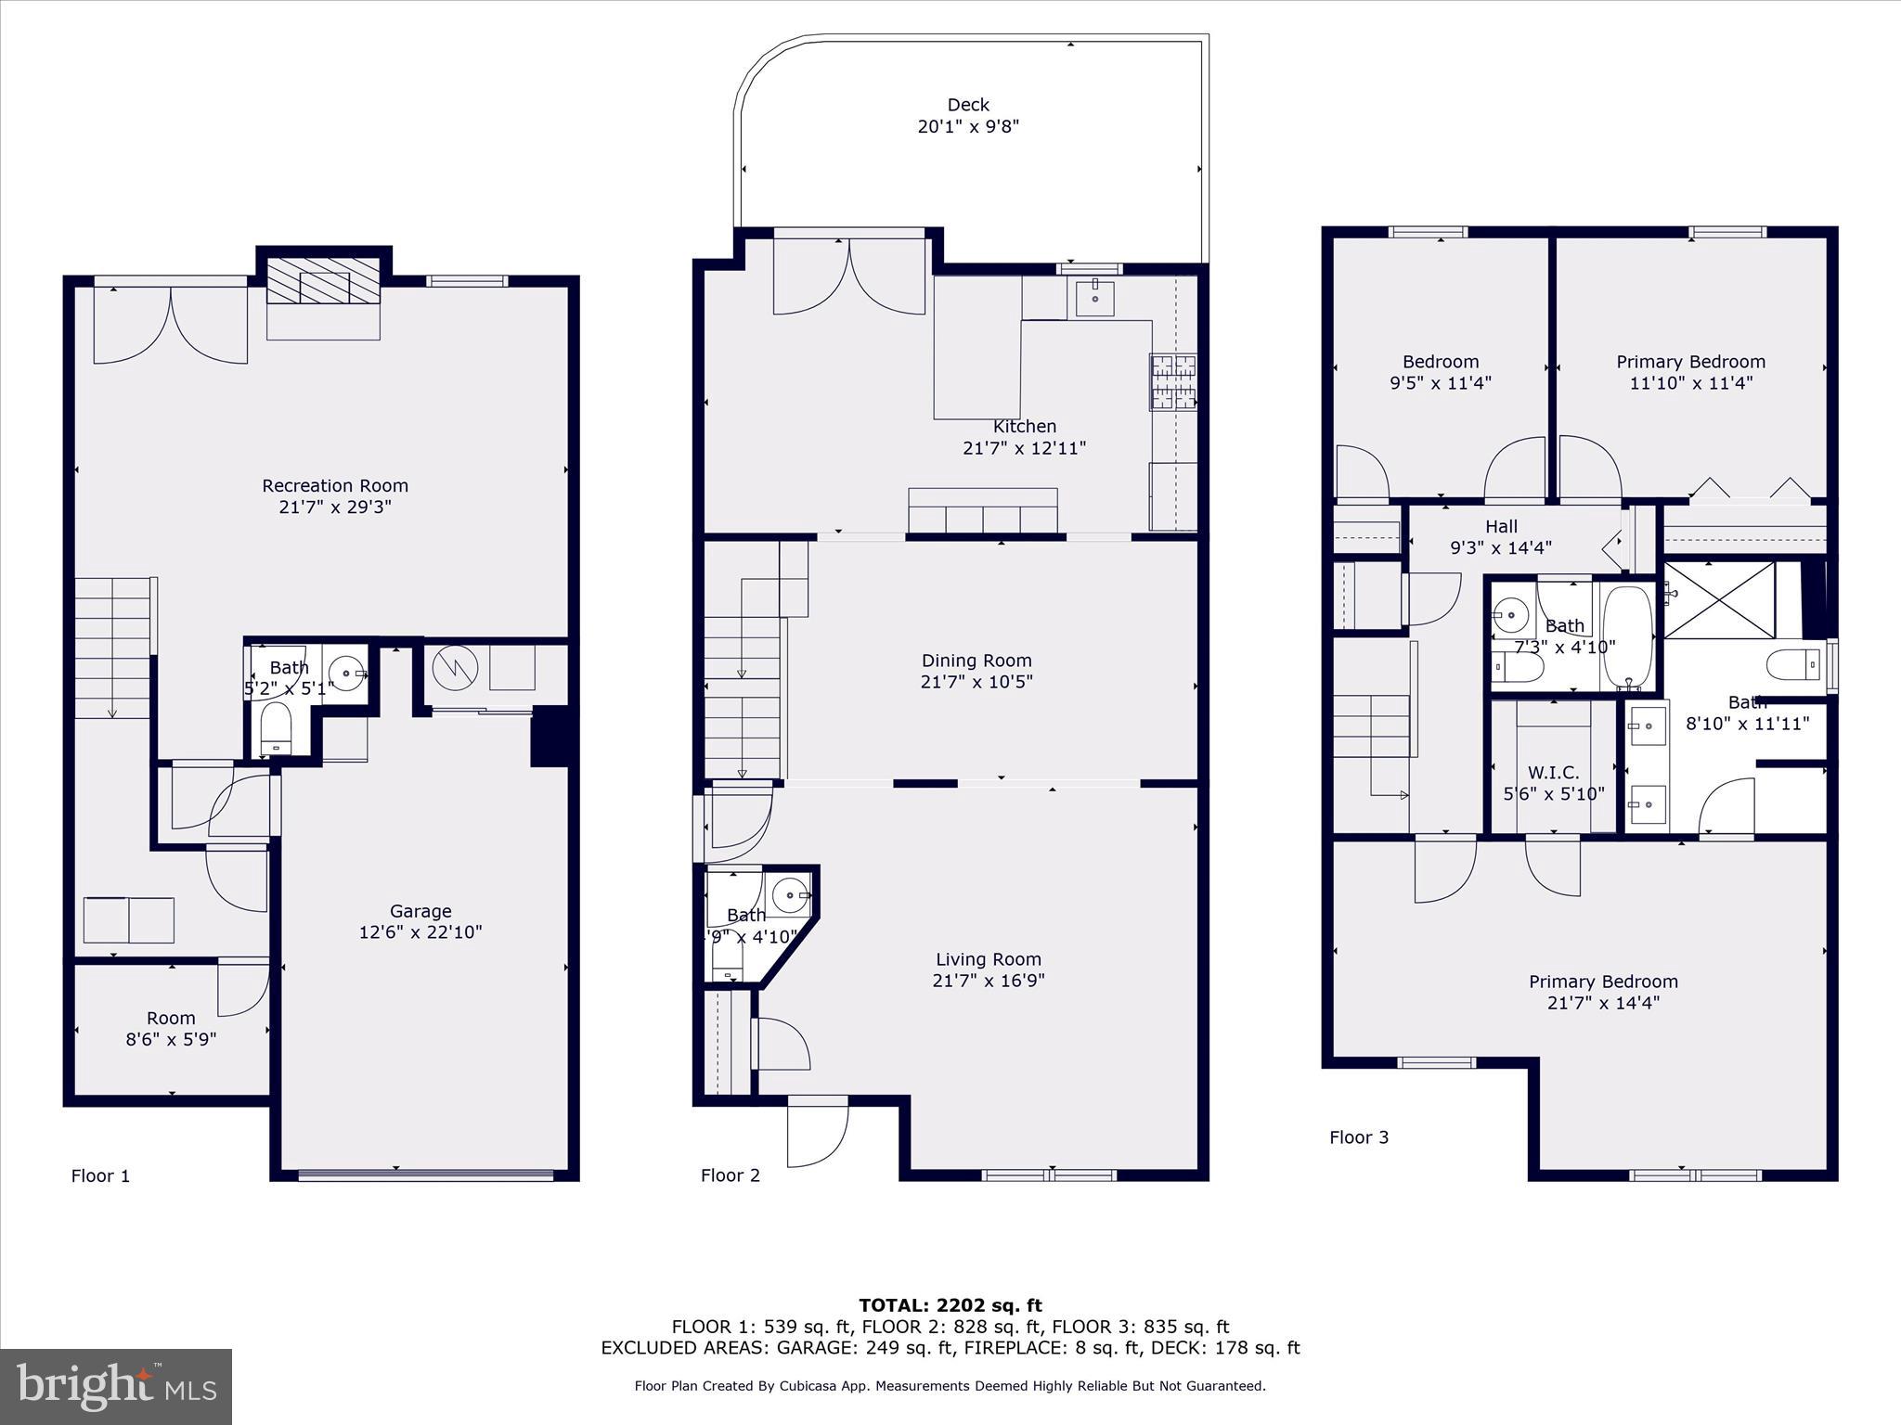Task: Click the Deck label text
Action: [968, 106]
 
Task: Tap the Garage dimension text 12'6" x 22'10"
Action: [420, 932]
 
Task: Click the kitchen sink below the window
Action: [1095, 296]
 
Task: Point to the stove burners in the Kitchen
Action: [1172, 381]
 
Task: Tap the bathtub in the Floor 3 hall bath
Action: [1627, 636]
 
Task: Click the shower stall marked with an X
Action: [1718, 599]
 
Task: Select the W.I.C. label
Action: [1553, 773]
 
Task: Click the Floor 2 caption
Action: [730, 1175]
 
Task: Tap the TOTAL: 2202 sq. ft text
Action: [950, 1305]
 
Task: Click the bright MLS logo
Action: [116, 1386]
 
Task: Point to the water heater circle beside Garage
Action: [455, 667]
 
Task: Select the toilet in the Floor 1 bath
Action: [276, 728]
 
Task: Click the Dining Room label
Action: [976, 661]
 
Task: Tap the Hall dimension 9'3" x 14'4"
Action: [1500, 548]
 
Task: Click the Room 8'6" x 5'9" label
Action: [171, 1029]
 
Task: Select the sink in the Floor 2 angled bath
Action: [790, 895]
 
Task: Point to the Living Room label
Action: [988, 959]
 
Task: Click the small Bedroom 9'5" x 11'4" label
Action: [1440, 372]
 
